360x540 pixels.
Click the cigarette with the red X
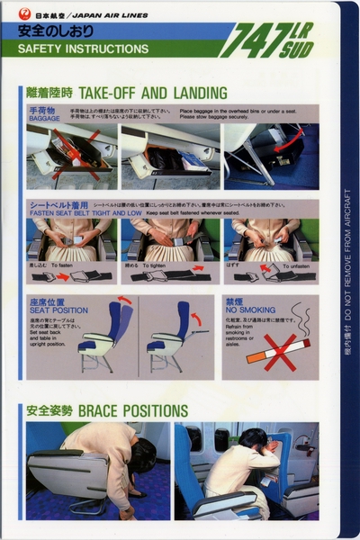point(274,351)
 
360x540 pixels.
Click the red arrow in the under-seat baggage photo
point(285,140)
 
